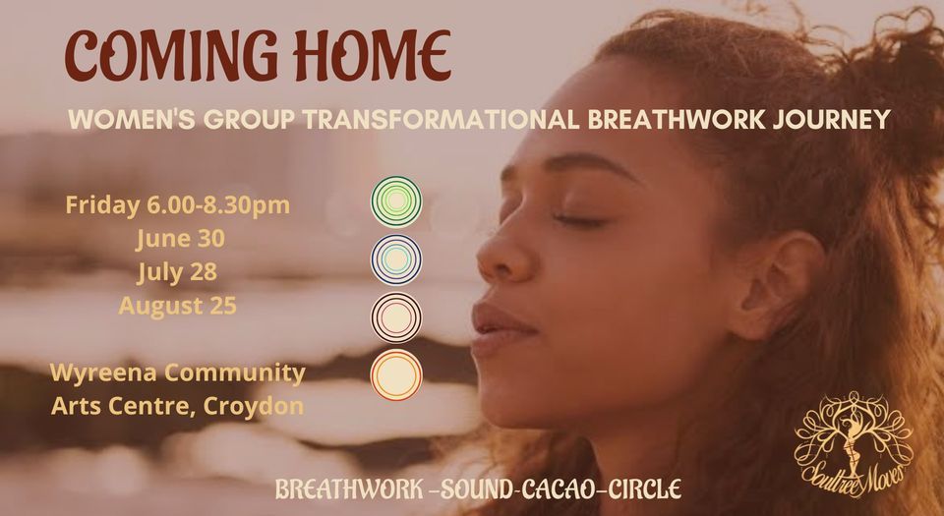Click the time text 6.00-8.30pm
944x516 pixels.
(x=218, y=205)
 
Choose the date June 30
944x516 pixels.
(x=180, y=239)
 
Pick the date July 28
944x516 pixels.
(x=177, y=272)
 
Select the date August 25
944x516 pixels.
(x=178, y=306)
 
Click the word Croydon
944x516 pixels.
(x=254, y=406)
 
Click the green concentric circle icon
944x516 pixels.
(x=396, y=201)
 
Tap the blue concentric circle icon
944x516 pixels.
(x=396, y=259)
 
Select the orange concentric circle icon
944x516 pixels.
(x=396, y=374)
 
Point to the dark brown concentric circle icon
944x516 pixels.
(x=396, y=316)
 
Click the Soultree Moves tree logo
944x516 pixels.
(x=854, y=444)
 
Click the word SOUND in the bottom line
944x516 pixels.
(x=477, y=488)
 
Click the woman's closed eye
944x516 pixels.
(x=580, y=221)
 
